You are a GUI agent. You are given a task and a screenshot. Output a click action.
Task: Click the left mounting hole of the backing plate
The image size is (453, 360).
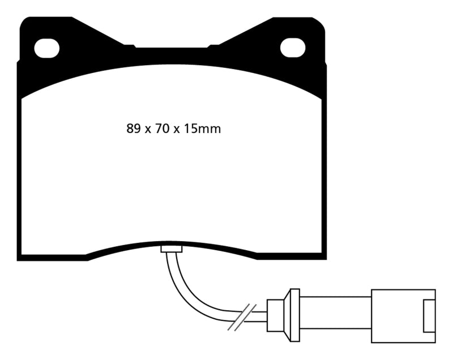click(46, 48)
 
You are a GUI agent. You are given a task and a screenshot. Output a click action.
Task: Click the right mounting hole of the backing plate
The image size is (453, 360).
click(293, 48)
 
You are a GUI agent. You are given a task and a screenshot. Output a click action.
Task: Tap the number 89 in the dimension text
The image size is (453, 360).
click(133, 129)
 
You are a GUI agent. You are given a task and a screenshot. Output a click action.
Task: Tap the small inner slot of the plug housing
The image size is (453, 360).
click(429, 315)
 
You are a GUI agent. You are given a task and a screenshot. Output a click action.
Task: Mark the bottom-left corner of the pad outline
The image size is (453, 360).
click(20, 258)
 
